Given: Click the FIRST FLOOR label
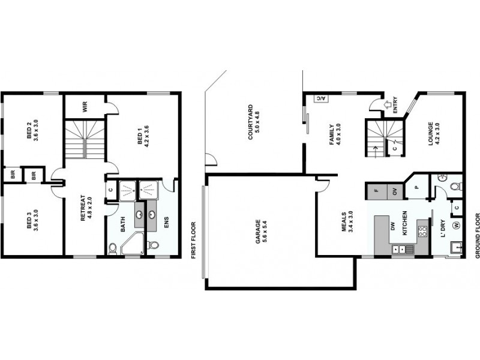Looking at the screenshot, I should coord(193,240).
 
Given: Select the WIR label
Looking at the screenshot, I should coord(86,107).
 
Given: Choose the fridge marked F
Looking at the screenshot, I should coord(376,191).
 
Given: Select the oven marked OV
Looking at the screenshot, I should coord(395,191).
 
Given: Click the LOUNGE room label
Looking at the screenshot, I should coord(433,139).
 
